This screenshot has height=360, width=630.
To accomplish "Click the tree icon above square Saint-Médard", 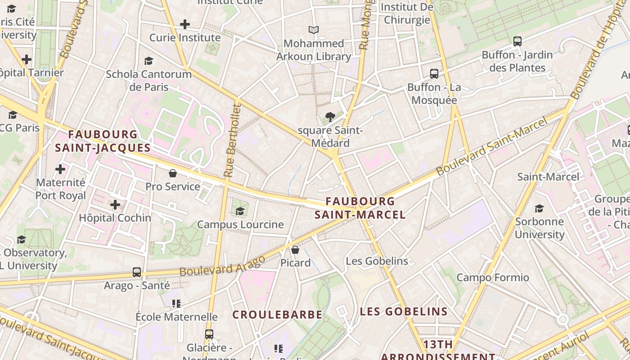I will (330, 117).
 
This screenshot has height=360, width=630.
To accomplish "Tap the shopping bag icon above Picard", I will (295, 249).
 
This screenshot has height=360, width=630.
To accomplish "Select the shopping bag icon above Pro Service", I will (172, 173).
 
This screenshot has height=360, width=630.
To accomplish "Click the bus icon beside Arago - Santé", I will (137, 272).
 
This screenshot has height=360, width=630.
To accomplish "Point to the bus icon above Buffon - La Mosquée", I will (434, 73).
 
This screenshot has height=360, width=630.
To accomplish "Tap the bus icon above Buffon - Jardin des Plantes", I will (517, 41).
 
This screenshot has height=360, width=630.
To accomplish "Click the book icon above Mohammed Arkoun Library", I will (314, 30).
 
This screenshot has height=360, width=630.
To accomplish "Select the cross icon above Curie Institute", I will (184, 24).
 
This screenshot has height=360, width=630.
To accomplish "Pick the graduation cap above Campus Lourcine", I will (240, 211).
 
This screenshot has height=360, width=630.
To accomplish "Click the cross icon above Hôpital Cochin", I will (115, 205).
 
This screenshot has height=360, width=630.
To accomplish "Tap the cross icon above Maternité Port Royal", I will (60, 169).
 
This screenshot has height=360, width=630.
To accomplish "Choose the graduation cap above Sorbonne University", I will (539, 208).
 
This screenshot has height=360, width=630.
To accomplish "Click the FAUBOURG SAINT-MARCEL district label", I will (360, 208).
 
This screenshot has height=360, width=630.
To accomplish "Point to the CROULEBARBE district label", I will (277, 315).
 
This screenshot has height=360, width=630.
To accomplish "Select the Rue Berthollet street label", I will (233, 140).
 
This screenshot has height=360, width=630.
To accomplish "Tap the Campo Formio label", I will (493, 277).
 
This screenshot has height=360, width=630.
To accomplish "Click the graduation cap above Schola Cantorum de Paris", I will (148, 61).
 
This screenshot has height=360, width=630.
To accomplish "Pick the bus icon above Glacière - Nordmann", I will (209, 334).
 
